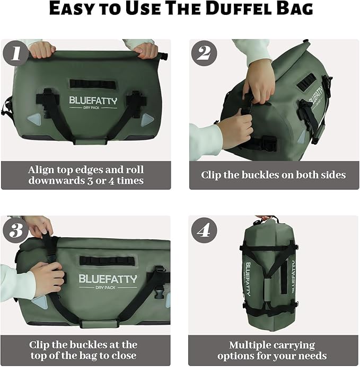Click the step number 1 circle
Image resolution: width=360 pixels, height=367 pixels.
click(15, 53)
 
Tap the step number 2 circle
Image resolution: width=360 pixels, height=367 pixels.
click(204, 53)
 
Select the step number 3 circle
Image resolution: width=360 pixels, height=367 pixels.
click(15, 229)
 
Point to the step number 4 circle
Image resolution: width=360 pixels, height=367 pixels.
click(204, 230)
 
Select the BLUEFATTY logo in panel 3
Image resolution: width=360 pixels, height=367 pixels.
click(108, 279)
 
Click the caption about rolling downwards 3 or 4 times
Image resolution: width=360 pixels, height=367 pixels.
click(86, 175)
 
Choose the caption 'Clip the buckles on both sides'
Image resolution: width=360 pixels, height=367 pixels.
click(273, 175)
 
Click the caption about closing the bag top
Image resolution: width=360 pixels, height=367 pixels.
click(83, 350)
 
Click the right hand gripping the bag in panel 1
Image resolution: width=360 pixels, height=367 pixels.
click(145, 50)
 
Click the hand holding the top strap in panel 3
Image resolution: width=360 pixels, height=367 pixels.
click(38, 226)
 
